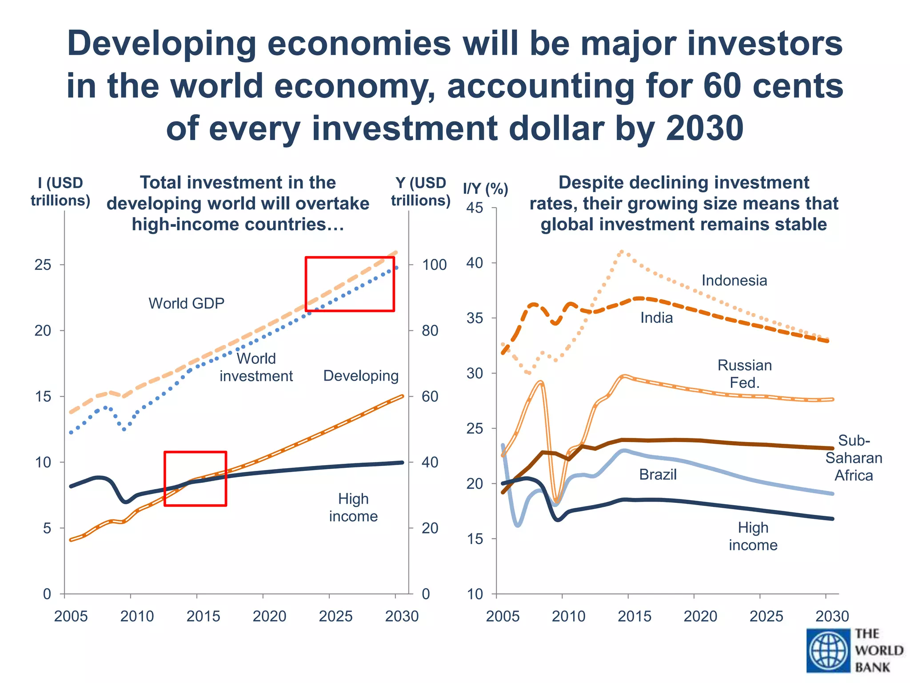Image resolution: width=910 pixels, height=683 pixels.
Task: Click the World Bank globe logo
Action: [x=828, y=651]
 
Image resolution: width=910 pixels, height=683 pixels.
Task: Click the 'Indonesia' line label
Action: [x=734, y=281]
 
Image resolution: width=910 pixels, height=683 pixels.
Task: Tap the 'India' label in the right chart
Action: [x=656, y=318]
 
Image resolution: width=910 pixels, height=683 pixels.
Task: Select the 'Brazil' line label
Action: [x=658, y=475]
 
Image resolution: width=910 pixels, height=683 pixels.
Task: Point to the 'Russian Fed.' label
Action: [x=745, y=374]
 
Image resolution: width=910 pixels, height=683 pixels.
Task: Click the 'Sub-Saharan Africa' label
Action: [x=854, y=458]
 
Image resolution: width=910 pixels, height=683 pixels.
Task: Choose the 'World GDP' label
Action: [x=186, y=303]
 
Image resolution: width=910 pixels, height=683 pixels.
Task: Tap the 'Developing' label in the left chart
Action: [x=361, y=376]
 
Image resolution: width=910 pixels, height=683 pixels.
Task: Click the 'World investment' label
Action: [x=256, y=367]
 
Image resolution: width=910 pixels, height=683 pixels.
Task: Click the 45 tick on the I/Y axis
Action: [x=475, y=208]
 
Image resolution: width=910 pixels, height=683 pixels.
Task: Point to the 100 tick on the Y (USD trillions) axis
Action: [x=434, y=265]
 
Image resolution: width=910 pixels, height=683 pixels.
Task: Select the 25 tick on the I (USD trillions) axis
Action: [x=43, y=265]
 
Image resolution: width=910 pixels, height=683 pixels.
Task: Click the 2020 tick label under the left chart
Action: [x=269, y=616]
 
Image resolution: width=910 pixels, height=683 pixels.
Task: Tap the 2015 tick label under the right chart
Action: [x=635, y=616]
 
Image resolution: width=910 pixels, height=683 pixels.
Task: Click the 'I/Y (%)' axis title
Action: [x=485, y=189]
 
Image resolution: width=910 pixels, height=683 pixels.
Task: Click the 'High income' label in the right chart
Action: [x=753, y=536]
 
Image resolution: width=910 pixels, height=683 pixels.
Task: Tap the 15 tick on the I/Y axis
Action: [x=475, y=539]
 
